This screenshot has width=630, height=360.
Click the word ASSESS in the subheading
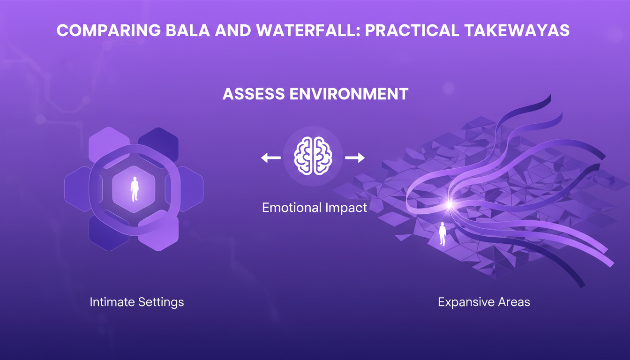254,94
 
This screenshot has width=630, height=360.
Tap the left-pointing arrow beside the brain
271,158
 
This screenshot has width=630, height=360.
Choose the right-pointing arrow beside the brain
355,158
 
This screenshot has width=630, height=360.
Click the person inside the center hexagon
135,189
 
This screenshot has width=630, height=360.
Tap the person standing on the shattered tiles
442,234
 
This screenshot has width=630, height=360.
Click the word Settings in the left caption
161,302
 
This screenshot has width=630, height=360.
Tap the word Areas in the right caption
514,302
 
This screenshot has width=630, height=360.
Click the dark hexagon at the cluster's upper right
158,143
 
